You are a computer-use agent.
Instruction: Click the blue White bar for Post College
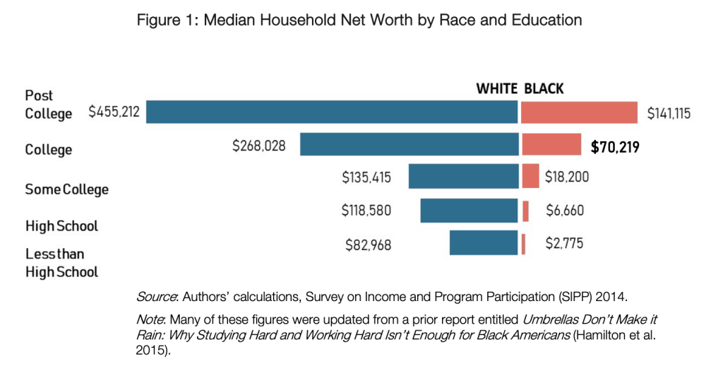click(x=332, y=112)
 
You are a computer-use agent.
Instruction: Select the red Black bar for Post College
click(x=579, y=112)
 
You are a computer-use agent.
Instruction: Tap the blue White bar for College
click(x=409, y=144)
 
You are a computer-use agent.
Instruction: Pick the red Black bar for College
click(x=551, y=144)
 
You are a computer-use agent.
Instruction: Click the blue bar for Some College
click(x=463, y=177)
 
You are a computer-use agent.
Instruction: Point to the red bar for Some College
click(x=530, y=177)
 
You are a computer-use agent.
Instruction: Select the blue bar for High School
click(x=469, y=211)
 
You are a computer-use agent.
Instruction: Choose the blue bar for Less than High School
click(x=484, y=243)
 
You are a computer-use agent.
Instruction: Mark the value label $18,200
click(x=566, y=177)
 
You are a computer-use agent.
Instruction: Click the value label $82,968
click(x=368, y=245)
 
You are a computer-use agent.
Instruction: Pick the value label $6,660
click(x=564, y=211)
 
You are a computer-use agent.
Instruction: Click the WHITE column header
click(x=496, y=88)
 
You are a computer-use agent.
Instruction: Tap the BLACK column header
click(x=544, y=88)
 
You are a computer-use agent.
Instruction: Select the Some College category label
click(x=67, y=189)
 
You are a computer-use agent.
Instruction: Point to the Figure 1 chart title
click(x=360, y=20)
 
